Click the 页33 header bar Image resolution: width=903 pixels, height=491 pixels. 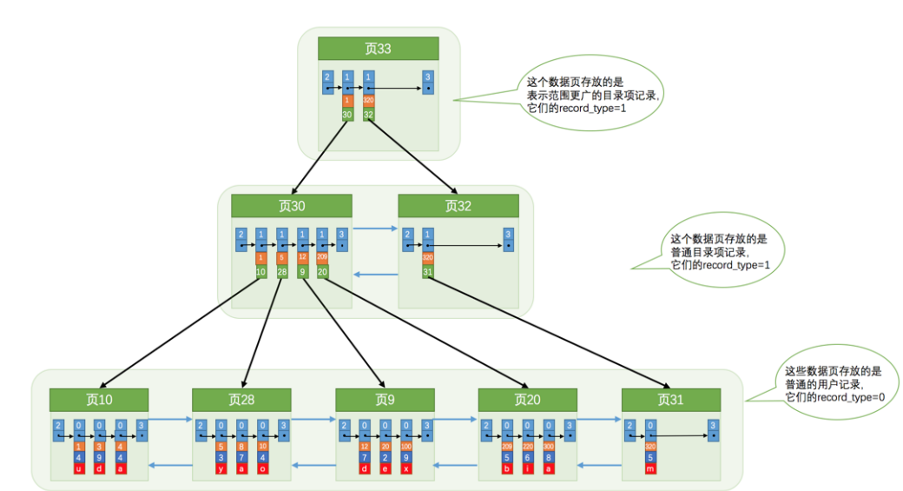click(x=378, y=49)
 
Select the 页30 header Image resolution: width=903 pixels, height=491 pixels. click(x=291, y=205)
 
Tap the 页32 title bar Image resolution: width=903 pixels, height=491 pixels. click(x=458, y=205)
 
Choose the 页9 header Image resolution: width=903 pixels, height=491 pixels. click(x=385, y=400)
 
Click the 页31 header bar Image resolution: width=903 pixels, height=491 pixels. click(x=670, y=400)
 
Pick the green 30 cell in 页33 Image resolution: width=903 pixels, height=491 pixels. click(x=347, y=113)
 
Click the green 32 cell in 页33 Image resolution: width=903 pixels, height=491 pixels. click(x=368, y=113)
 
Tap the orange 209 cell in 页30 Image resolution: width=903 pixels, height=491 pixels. click(x=323, y=258)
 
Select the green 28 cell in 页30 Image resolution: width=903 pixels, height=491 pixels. click(x=281, y=271)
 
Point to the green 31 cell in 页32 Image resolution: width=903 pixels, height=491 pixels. click(x=427, y=271)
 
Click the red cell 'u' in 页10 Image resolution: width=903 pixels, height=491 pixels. click(x=78, y=469)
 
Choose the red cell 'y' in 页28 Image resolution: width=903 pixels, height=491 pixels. click(x=221, y=469)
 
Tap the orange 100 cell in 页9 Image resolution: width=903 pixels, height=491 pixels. click(x=406, y=445)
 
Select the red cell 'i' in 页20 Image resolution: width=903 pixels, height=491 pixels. click(x=528, y=469)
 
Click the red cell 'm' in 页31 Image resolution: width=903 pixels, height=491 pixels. click(x=650, y=469)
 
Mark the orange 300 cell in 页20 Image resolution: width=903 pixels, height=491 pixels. click(x=549, y=445)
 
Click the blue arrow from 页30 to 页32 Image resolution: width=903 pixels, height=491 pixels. click(x=375, y=230)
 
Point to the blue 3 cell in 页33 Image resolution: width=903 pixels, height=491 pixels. click(x=428, y=83)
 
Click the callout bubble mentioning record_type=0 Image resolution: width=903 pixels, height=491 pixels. click(x=827, y=382)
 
